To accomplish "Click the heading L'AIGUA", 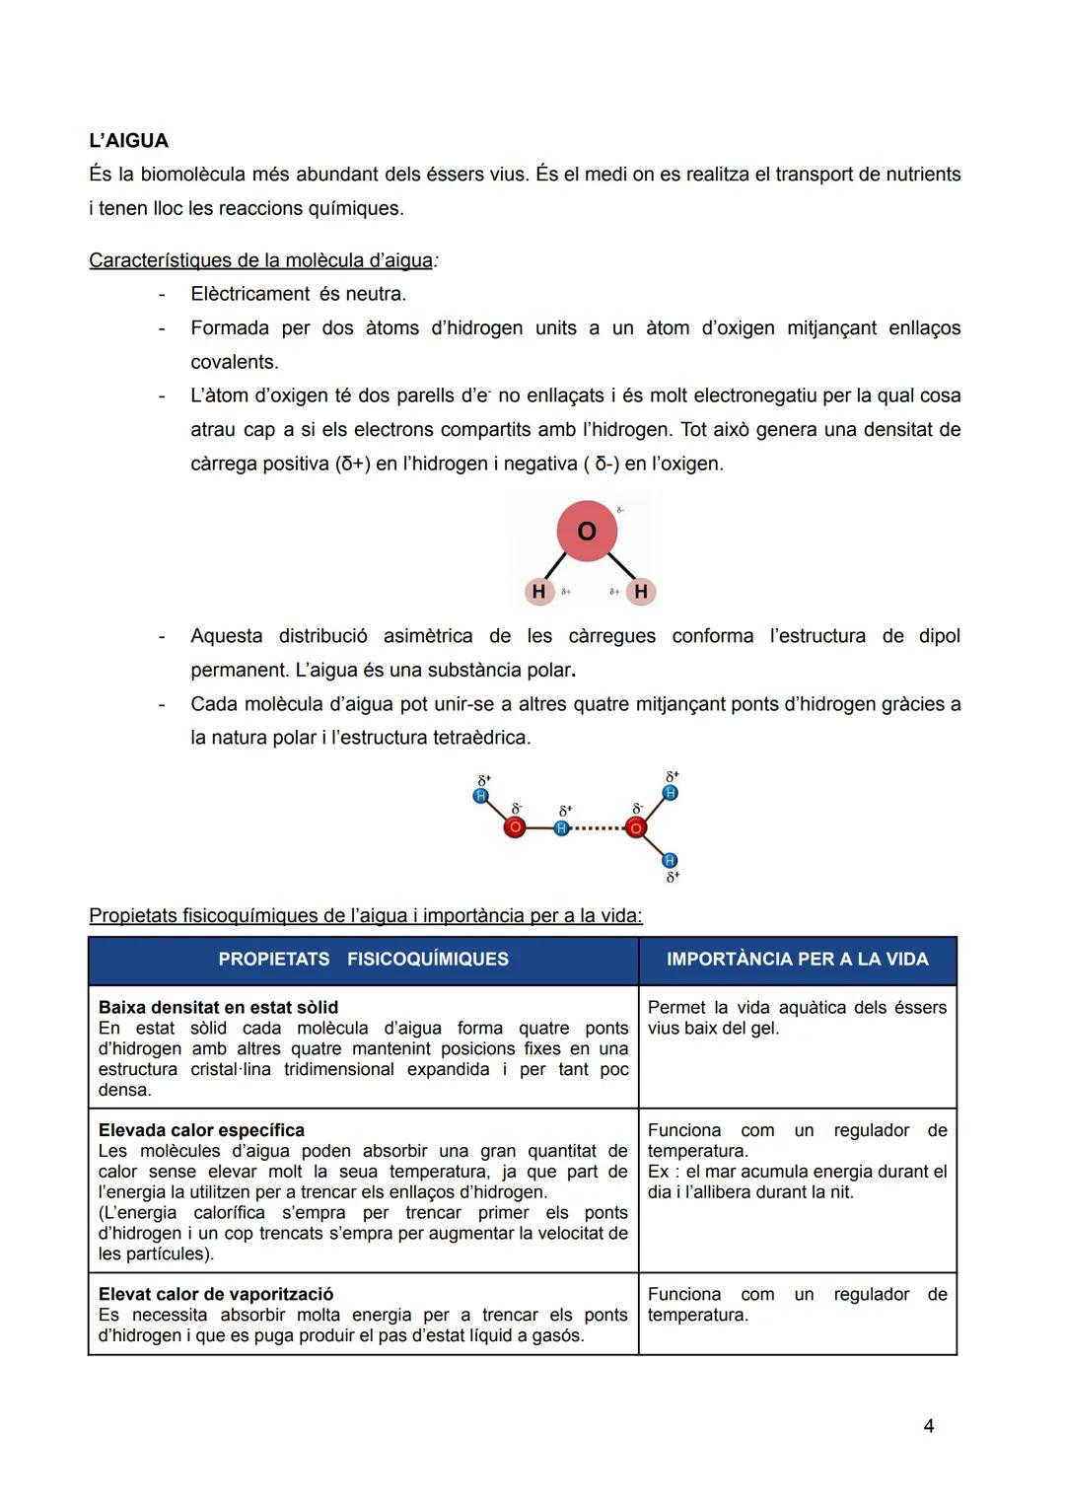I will coord(128,141).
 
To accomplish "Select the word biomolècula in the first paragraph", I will coord(192,175).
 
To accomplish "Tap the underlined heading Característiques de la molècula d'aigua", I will coord(261,260).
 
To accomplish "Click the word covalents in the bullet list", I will coord(235,362).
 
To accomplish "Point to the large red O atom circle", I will coord(587,531).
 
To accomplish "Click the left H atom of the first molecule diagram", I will coord(538,592).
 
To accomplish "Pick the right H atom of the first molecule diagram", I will coord(641,592).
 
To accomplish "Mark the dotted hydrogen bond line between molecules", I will coord(598,828).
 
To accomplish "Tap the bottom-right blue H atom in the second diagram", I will coord(670,861).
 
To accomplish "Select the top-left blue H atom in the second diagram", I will coord(481,796).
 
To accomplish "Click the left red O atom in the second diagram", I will coord(514,828).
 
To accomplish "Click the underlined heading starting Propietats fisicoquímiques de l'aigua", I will coord(365,915).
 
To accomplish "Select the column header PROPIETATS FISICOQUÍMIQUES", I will coord(363,960).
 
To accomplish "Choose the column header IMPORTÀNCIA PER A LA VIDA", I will coord(797,960).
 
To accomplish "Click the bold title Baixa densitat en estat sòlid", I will coord(218,1007).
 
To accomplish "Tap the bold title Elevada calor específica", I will coord(201,1130).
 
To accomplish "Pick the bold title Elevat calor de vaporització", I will coord(216,1294).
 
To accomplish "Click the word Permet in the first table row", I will coord(676,1007).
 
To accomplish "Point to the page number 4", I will coord(928,1426).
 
